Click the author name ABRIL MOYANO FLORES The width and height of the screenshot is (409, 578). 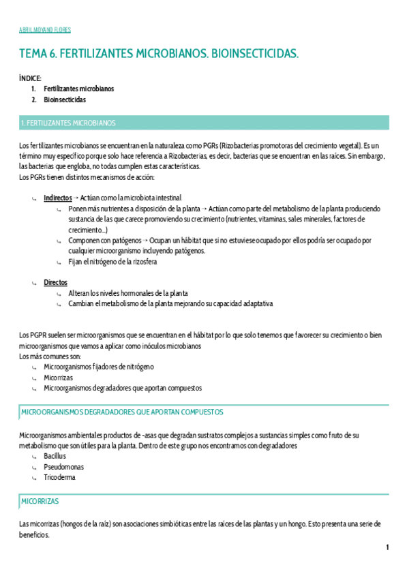point(44,30)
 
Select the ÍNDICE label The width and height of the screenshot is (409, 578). point(31,78)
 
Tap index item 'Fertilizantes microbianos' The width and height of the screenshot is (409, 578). point(78,89)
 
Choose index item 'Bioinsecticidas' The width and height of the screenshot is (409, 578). point(65,100)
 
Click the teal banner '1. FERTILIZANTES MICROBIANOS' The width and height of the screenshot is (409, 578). point(68,123)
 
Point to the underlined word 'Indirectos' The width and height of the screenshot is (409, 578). point(57,198)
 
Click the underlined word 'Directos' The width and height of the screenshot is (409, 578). point(55,282)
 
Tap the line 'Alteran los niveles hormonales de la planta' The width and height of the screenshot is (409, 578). point(128,293)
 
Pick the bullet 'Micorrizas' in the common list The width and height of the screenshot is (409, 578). point(58,377)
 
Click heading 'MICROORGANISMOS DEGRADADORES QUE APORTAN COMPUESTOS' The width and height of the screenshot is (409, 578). point(122,412)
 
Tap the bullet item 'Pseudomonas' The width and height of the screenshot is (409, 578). point(59,466)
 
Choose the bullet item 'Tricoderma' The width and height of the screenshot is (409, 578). point(59,477)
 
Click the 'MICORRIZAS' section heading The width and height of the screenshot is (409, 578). point(40,501)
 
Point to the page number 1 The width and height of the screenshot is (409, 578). point(387,547)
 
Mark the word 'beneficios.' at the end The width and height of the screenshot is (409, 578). point(35,536)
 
